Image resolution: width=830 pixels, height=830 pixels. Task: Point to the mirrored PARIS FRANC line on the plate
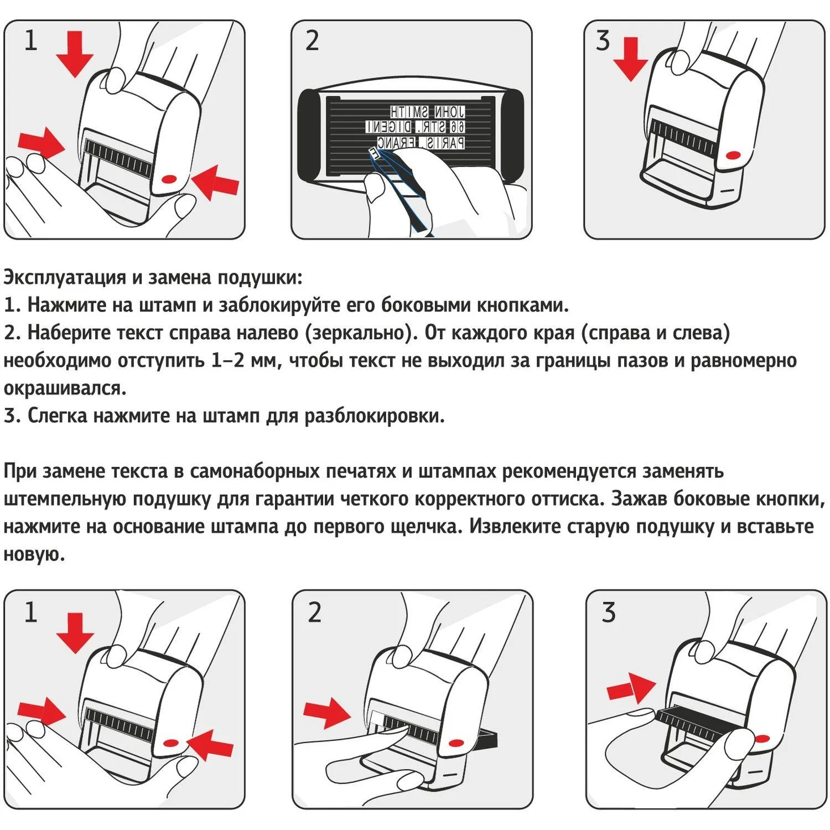click(x=421, y=143)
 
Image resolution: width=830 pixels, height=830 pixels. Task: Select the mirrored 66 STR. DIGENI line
click(x=415, y=127)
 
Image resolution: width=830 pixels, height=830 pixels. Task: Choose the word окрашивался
click(x=65, y=388)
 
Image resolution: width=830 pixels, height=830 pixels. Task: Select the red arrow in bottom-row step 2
click(x=328, y=712)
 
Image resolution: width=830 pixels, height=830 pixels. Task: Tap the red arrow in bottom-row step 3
click(x=631, y=688)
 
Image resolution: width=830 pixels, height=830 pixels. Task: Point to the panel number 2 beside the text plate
click(x=312, y=41)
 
